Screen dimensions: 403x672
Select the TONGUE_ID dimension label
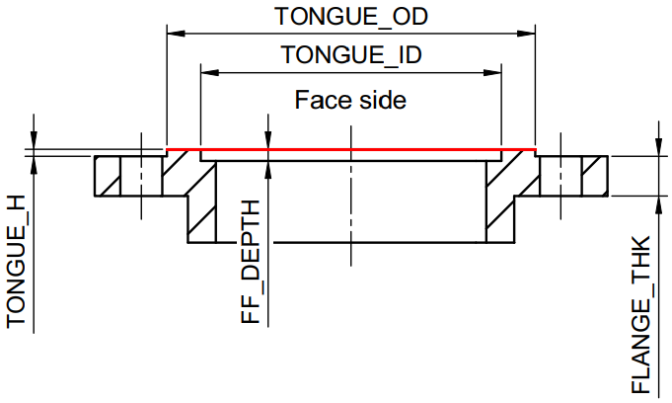(351, 55)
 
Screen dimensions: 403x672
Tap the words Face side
(351, 100)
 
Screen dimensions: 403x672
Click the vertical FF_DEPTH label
(251, 264)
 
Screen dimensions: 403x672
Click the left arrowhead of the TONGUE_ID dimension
(208, 73)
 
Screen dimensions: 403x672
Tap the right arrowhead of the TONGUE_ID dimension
(494, 73)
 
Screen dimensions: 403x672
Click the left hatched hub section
(200, 202)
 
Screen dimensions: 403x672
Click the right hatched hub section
(501, 202)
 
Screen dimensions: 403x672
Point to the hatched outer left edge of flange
(107, 176)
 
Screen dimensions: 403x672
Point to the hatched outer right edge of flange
(595, 176)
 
